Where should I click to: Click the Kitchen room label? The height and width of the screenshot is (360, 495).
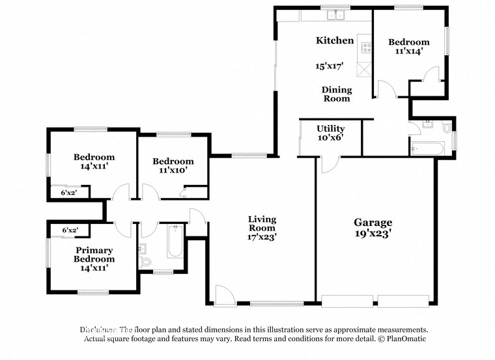(x=335, y=40)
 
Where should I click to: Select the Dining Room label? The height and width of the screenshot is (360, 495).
(x=337, y=94)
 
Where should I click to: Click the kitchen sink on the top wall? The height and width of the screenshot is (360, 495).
(x=336, y=14)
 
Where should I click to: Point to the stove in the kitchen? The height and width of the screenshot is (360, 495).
(x=367, y=48)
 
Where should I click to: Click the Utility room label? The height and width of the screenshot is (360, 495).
(x=330, y=129)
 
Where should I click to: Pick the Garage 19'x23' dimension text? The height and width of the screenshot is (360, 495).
(x=373, y=234)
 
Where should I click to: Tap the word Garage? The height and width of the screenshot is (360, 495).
(x=373, y=222)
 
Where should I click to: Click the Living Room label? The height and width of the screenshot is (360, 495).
(x=262, y=223)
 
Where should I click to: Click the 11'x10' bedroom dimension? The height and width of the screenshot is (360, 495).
(x=173, y=172)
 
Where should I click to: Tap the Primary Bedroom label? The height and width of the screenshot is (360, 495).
(x=94, y=255)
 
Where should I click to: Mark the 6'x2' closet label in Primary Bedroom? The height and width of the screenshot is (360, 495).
(x=69, y=230)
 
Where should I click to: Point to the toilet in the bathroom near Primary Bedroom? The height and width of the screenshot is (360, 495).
(x=145, y=261)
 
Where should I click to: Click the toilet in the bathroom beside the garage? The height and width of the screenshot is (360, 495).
(x=447, y=128)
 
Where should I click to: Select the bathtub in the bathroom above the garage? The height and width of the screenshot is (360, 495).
(x=427, y=149)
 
